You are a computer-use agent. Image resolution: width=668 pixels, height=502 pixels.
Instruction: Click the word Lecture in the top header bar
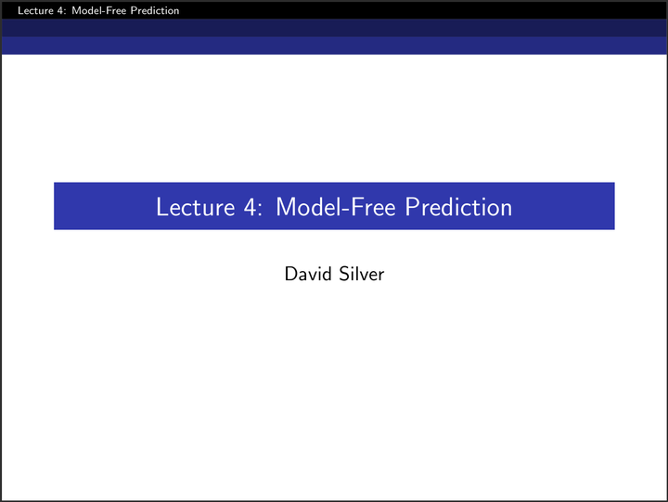tap(20, 11)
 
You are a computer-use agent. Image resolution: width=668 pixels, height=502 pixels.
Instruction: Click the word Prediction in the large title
tap(458, 206)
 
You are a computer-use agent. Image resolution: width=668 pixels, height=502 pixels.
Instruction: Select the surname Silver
tap(362, 274)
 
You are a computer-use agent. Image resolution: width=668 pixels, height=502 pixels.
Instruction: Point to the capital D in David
tap(290, 274)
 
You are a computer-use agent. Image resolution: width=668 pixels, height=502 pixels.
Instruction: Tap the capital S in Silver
tap(344, 274)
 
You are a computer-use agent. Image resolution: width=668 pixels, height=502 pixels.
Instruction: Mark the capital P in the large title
tap(412, 206)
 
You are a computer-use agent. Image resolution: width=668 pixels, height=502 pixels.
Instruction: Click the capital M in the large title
tap(286, 206)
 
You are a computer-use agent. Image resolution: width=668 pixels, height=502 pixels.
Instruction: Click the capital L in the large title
tap(161, 206)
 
